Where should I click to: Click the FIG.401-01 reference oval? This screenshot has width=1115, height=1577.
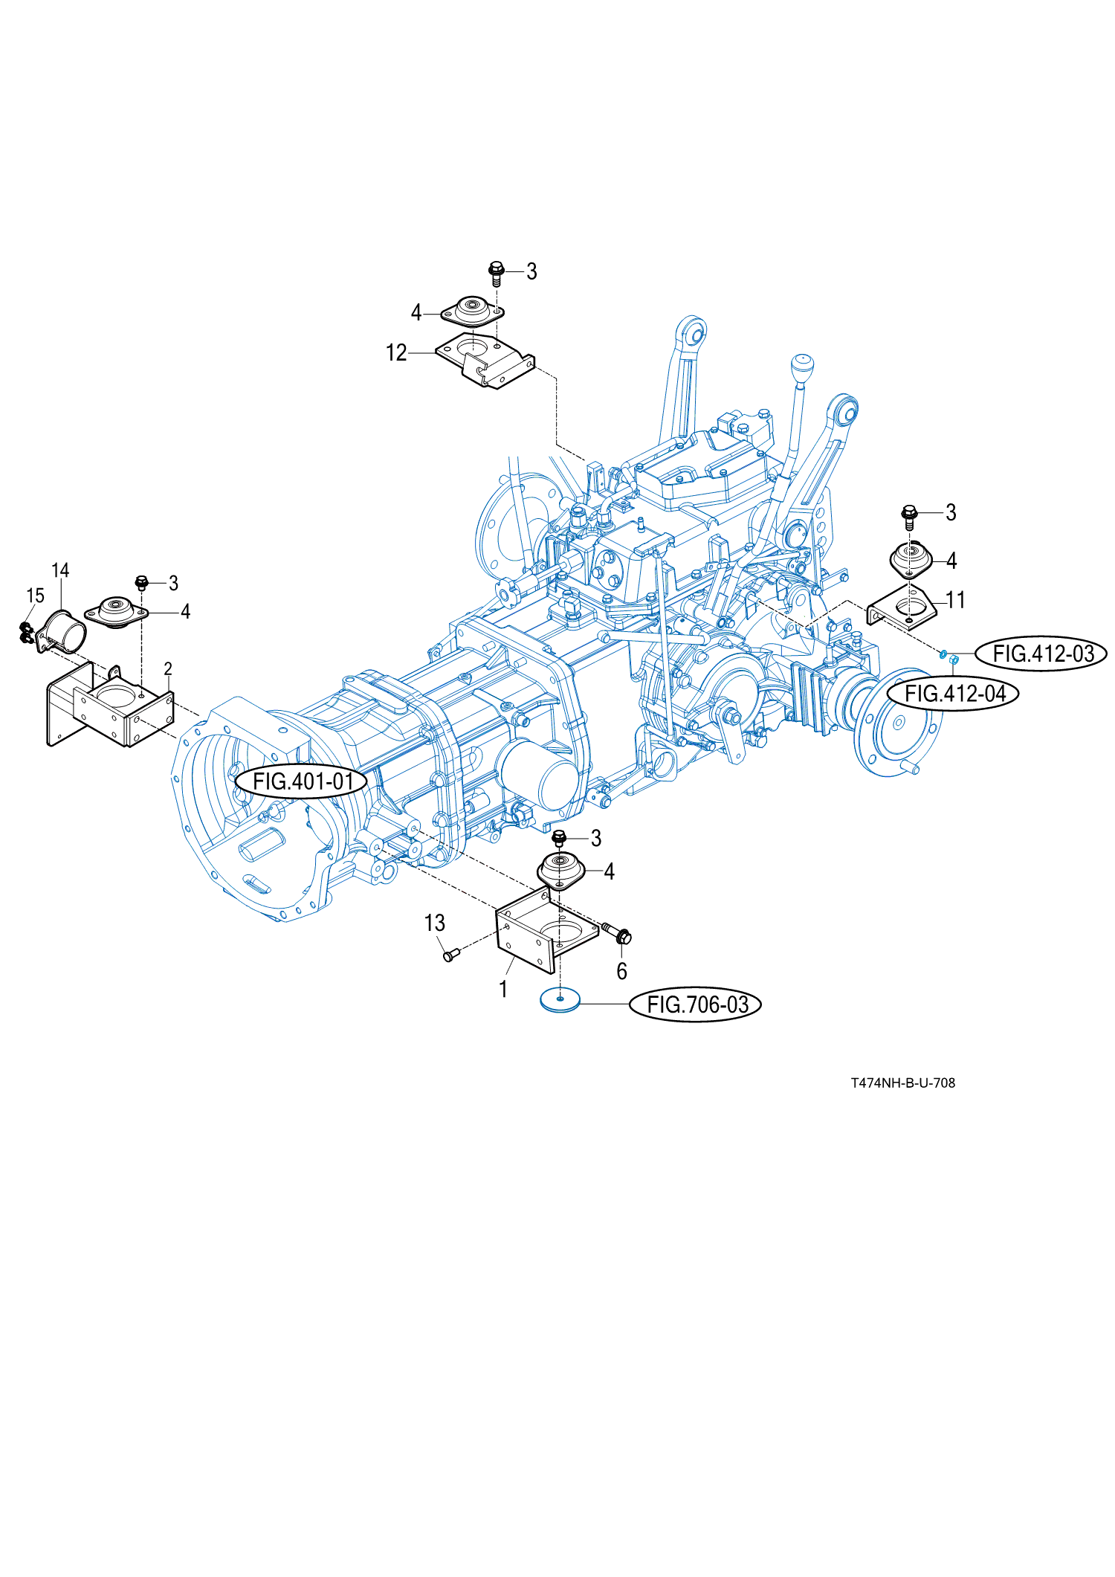302,781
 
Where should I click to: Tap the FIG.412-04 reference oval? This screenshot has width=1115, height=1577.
954,694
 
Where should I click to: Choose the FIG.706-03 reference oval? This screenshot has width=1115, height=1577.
696,1004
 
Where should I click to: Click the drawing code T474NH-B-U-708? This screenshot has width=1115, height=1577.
903,1083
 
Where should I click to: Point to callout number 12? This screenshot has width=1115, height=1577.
396,352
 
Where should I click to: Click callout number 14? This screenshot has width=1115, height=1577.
60,570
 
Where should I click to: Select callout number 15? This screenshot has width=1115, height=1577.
35,596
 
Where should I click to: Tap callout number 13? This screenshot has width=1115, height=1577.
434,923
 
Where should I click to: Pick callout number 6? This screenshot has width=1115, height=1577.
621,971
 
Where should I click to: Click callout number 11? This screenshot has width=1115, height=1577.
955,600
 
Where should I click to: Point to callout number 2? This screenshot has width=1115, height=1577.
168,669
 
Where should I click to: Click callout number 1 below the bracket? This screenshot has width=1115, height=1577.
503,989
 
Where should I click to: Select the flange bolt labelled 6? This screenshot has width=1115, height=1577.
618,932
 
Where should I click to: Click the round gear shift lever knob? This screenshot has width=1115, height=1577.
801,370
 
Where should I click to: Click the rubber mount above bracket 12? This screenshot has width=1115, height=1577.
473,311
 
